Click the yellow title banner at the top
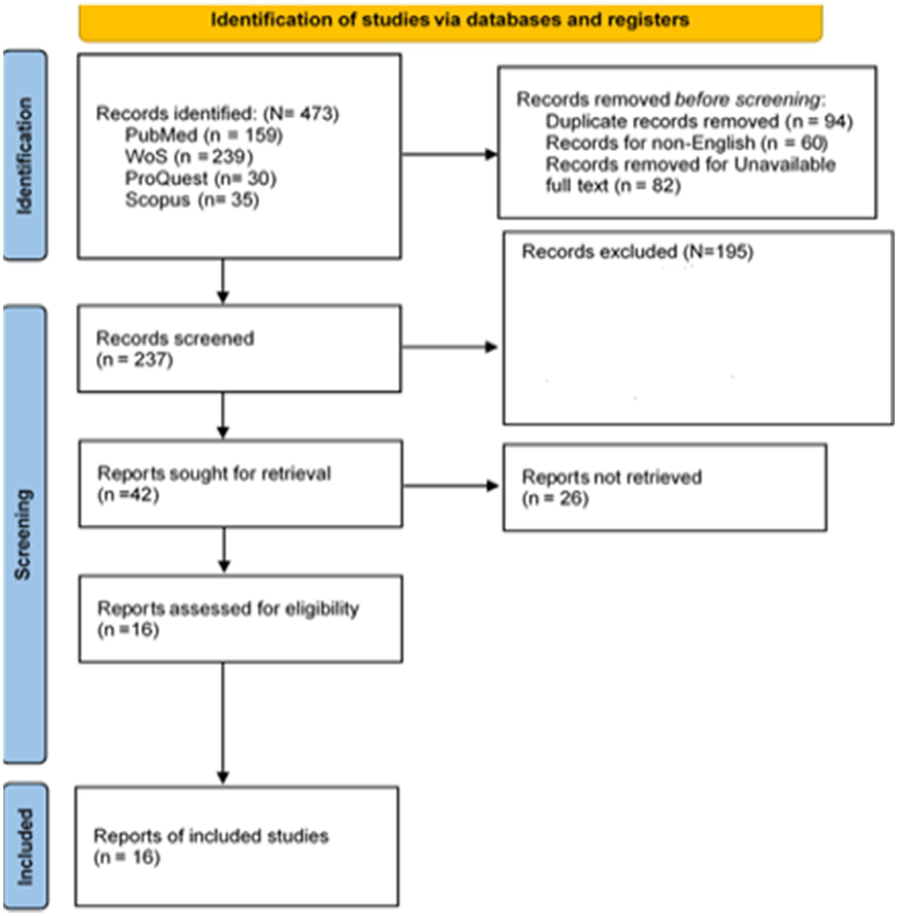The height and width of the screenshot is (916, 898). click(450, 21)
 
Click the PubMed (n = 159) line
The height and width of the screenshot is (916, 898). click(204, 136)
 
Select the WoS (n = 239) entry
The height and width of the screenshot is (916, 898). click(188, 157)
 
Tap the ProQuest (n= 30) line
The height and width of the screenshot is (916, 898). click(200, 178)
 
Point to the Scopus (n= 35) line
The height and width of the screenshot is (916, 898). click(191, 200)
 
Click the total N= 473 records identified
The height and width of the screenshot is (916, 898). click(301, 113)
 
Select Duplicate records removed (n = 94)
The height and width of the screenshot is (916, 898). click(699, 122)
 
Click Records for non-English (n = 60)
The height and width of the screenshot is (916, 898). click(686, 143)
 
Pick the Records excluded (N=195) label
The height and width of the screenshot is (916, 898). click(637, 252)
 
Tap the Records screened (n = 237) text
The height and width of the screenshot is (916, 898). click(174, 348)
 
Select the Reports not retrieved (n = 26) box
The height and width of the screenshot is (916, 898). click(664, 488)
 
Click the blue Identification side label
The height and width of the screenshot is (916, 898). click(25, 155)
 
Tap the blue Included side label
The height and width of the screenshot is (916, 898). click(25, 846)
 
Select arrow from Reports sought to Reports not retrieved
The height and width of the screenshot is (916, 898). click(450, 486)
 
